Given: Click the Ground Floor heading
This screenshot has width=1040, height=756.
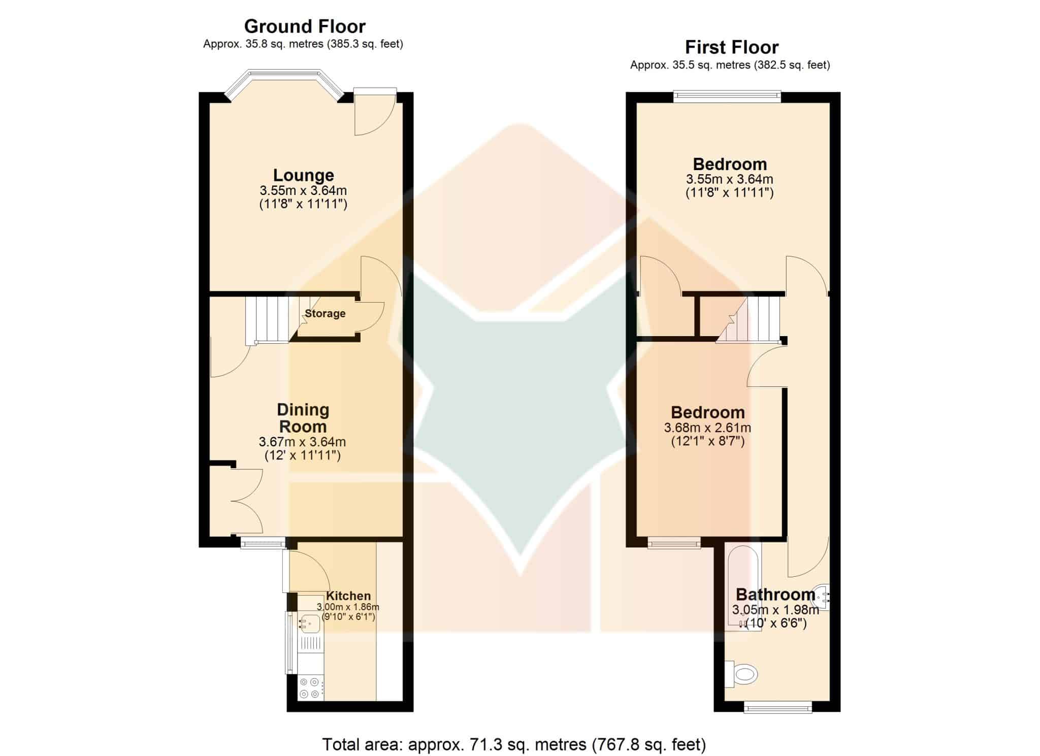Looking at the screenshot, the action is [305, 26].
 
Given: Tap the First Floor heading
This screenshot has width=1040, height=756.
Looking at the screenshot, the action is [732, 47].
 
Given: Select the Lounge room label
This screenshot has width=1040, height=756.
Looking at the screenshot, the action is [304, 175].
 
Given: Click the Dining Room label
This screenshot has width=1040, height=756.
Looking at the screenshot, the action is [303, 418].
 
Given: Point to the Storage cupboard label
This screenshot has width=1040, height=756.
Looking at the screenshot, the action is [325, 314].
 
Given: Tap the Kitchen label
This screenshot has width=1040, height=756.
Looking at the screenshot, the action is [348, 596].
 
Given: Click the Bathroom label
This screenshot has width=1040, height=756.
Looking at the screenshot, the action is [775, 594].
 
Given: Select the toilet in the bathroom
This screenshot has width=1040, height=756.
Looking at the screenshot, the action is [741, 674].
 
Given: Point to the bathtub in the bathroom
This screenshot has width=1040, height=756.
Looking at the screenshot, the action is [743, 588].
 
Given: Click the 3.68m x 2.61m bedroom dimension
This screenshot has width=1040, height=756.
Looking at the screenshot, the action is [707, 428].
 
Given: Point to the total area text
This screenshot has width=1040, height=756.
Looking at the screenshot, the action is [514, 744].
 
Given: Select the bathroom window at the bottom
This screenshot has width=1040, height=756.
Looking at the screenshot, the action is [777, 707].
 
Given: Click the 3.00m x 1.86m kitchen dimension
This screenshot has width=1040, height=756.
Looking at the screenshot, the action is [348, 607].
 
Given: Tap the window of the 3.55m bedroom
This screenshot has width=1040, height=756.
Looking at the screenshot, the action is [727, 96].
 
